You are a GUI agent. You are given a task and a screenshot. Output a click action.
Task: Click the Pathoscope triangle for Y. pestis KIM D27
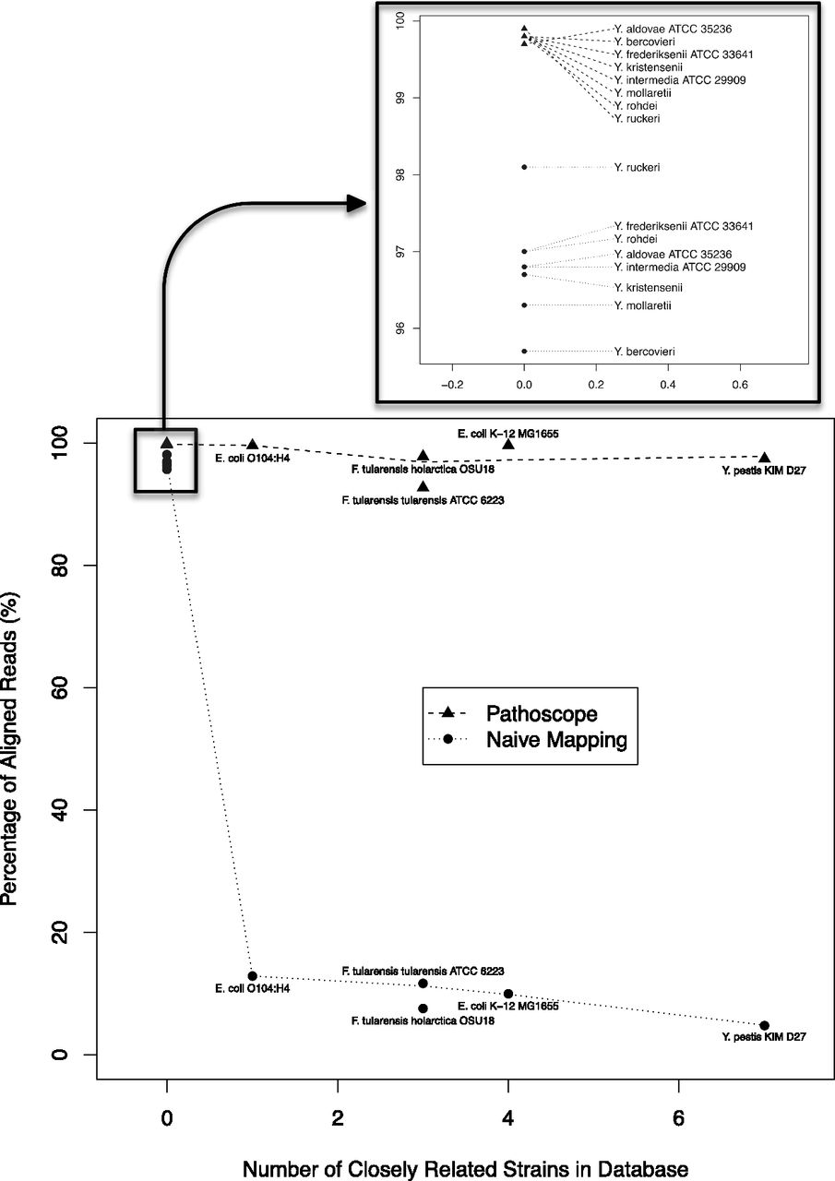764,458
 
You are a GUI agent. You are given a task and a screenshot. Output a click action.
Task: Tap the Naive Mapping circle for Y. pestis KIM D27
764,1025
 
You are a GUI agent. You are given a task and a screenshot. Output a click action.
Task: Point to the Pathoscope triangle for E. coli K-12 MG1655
508,445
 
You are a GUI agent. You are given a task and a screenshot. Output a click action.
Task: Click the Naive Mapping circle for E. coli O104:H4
252,976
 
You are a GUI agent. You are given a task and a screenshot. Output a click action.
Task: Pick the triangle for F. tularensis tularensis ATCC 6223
423,486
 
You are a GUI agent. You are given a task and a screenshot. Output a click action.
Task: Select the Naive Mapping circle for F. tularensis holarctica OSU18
423,1008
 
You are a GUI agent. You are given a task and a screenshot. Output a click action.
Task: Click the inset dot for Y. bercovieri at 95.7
524,352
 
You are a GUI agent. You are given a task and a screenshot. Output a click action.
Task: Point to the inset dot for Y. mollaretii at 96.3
524,305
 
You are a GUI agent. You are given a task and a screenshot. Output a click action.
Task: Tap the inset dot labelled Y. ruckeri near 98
524,167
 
